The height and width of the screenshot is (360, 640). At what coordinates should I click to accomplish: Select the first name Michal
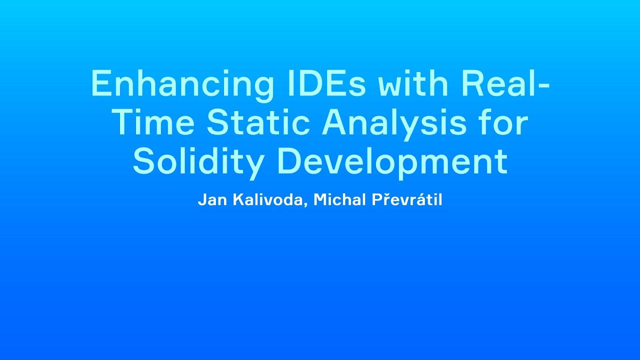pyautogui.click(x=340, y=200)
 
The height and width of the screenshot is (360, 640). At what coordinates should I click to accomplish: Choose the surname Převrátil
pyautogui.click(x=406, y=200)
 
